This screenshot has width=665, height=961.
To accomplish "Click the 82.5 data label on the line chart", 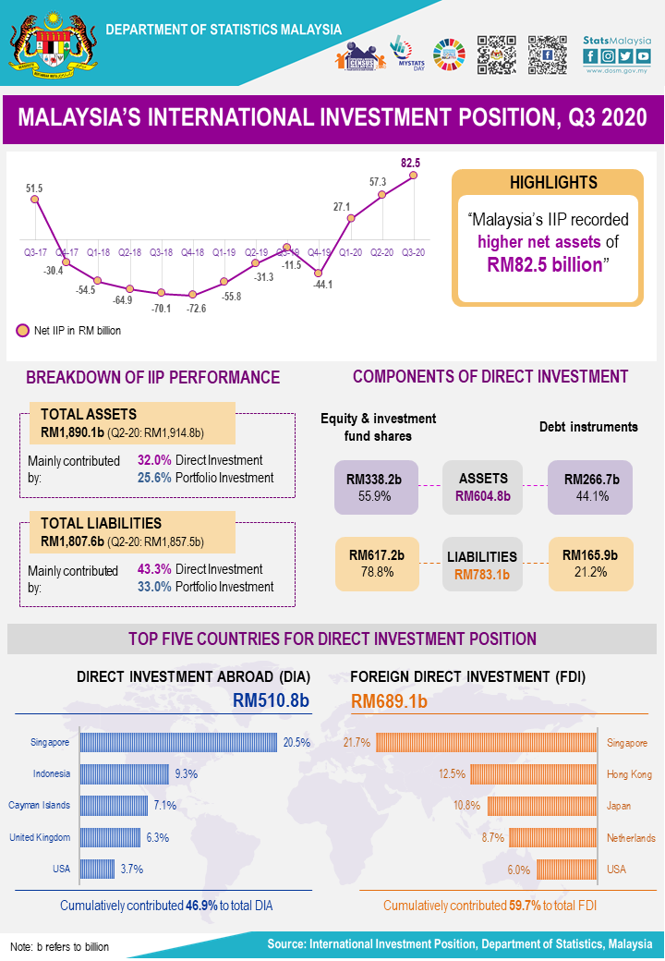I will click(410, 164).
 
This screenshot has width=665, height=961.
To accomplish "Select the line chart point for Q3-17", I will click(35, 199).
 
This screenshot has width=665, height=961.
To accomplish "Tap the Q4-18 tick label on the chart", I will click(192, 251).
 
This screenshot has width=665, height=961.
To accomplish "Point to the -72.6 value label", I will click(196, 308).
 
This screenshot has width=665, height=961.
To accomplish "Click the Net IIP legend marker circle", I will click(22, 330).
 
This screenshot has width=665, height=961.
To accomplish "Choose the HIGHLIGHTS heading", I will click(548, 182).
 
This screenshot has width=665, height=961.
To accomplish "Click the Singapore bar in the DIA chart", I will click(178, 742).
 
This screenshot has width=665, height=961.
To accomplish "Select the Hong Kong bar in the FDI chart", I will click(534, 773).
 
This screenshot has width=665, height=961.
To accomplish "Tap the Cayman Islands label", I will click(39, 805).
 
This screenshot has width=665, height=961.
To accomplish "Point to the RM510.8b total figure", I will click(271, 701).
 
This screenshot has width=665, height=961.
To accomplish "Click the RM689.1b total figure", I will click(390, 701).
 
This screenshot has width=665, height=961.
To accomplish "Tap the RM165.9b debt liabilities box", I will click(590, 564).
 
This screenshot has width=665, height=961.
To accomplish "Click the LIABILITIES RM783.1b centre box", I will click(482, 565).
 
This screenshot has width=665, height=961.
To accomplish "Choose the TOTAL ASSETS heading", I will click(89, 414).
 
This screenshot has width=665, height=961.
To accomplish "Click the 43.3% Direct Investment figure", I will click(154, 569).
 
